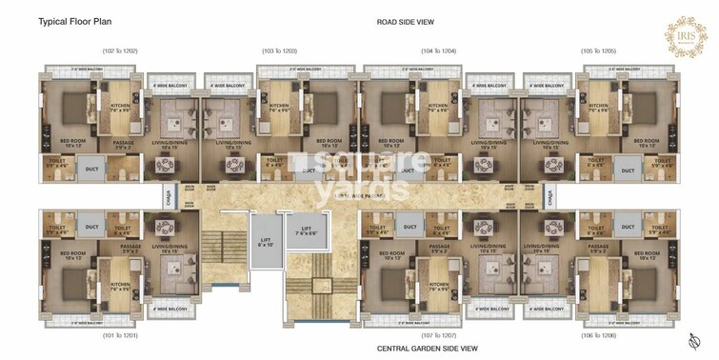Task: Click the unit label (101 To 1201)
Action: (x=121, y=335)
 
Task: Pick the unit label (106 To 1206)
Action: (x=601, y=335)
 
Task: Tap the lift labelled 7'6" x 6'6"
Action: (x=306, y=232)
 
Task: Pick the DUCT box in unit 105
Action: (x=627, y=171)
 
